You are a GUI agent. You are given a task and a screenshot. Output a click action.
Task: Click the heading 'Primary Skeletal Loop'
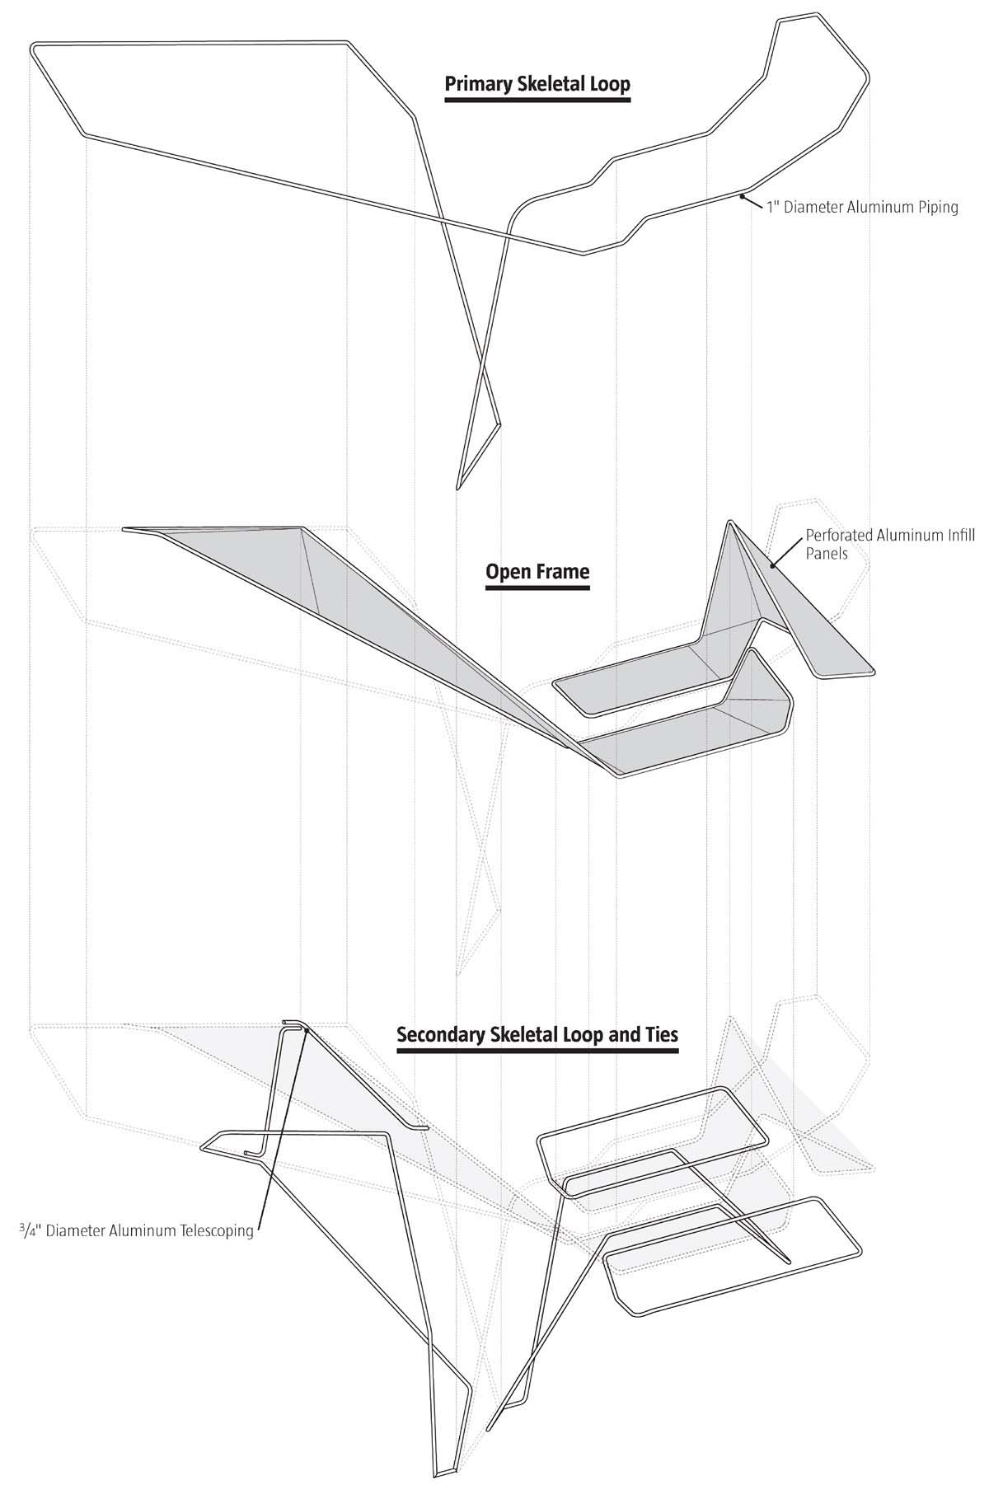[x=537, y=84]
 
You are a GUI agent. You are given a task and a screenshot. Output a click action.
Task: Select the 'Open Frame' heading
[x=537, y=572]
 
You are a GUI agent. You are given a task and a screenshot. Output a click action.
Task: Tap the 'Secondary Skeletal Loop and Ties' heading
[x=537, y=1034]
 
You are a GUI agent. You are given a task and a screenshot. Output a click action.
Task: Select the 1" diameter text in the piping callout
[x=773, y=208]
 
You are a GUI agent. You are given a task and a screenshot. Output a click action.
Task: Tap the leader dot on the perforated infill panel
[x=772, y=565]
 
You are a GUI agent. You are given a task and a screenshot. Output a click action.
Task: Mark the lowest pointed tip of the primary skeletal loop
[x=458, y=488]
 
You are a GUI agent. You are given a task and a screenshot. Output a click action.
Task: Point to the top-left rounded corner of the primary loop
[x=35, y=48]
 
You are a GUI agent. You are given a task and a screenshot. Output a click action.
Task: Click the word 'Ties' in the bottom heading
[x=659, y=1034]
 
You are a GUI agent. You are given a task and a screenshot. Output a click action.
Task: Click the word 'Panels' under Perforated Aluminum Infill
[x=826, y=554]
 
